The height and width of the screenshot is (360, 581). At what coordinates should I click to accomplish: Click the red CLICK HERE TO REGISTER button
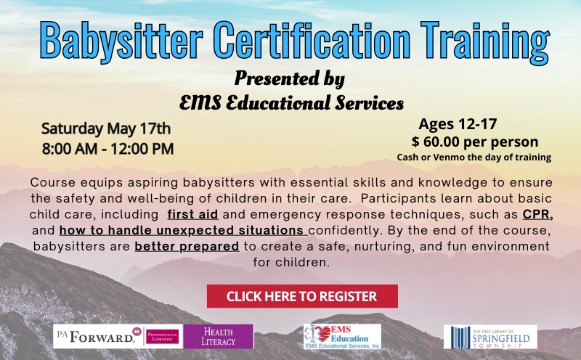(x=302, y=296)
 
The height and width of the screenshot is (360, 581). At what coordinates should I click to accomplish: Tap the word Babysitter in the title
(x=121, y=41)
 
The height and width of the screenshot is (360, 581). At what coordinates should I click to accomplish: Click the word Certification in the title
(x=312, y=40)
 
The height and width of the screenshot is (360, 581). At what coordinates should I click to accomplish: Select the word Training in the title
(x=485, y=41)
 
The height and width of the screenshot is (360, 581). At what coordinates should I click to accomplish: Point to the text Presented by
(x=289, y=79)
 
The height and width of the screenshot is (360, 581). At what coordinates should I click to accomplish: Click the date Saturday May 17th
(x=106, y=129)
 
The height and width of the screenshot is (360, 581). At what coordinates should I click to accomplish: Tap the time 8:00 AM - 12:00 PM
(x=107, y=149)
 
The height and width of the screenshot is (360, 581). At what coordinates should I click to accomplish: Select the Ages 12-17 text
(x=458, y=124)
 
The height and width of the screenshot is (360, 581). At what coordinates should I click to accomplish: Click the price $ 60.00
(x=435, y=142)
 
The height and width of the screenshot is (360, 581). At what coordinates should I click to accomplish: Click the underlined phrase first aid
(x=192, y=214)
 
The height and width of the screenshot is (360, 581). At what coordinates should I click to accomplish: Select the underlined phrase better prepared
(x=187, y=247)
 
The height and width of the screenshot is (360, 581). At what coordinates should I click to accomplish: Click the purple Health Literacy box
(x=219, y=336)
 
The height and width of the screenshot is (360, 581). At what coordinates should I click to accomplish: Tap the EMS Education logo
(x=342, y=336)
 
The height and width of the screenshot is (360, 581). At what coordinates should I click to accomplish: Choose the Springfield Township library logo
(x=490, y=337)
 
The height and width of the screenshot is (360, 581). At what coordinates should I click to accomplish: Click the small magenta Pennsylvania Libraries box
(x=162, y=337)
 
